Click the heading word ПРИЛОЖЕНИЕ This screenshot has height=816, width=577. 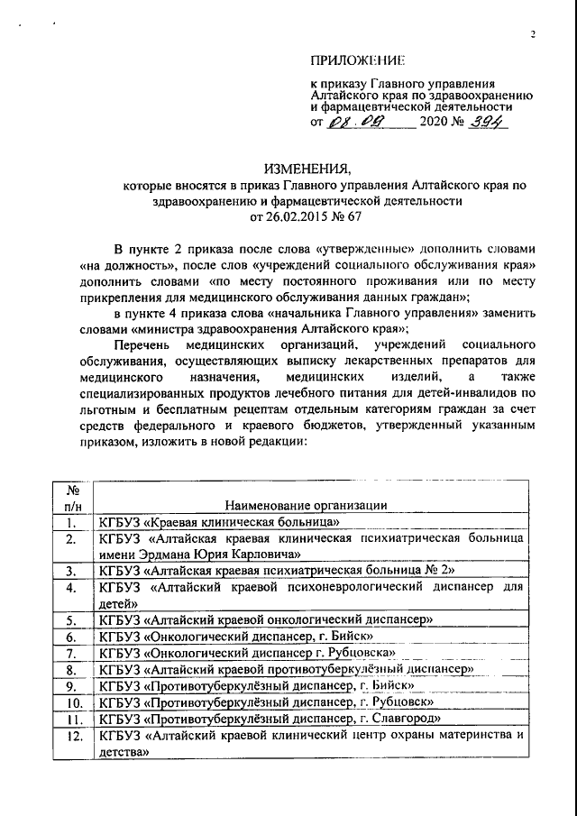(357, 60)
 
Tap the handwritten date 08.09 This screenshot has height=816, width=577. (355, 123)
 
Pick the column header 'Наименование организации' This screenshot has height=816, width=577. (307, 505)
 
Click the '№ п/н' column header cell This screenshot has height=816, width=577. (69, 497)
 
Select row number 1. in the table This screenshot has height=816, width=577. (69, 521)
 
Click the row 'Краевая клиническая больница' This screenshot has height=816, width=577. (219, 521)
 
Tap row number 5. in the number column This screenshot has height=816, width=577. (69, 619)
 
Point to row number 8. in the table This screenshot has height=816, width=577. (69, 669)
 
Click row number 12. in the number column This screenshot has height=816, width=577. (69, 735)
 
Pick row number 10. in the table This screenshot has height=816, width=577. (69, 701)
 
